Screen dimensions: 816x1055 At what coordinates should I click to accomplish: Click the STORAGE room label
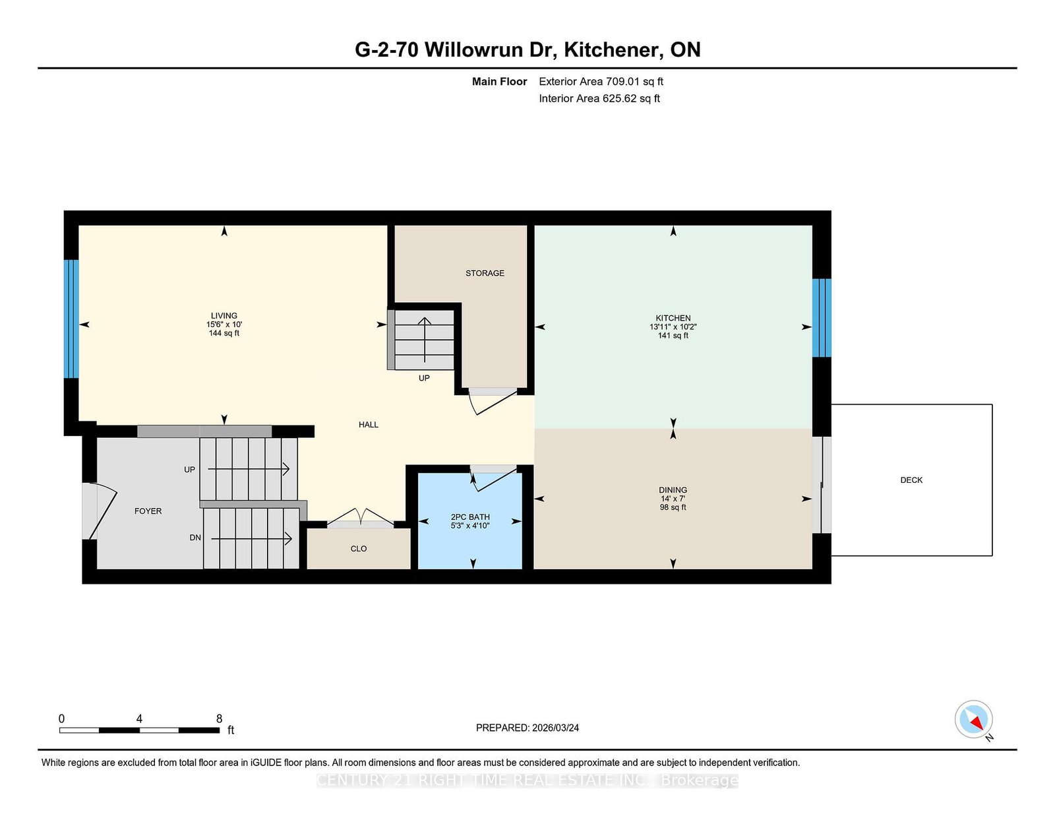tap(485, 273)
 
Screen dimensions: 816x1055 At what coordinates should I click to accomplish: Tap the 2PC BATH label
tap(470, 517)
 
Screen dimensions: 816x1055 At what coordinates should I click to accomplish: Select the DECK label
tap(911, 480)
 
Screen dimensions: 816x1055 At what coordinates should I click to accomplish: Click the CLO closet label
tap(359, 549)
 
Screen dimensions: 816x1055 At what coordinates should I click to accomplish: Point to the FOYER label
tap(148, 511)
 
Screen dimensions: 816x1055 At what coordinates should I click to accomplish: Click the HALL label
tap(369, 425)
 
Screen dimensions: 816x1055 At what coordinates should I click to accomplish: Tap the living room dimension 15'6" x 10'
tap(224, 325)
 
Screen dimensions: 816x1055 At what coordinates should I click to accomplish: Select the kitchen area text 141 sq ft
tap(673, 336)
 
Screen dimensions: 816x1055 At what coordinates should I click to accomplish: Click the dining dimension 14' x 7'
tap(673, 499)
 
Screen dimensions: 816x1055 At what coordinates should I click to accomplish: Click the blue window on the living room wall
tap(71, 319)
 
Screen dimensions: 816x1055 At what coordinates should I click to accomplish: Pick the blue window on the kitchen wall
tap(821, 317)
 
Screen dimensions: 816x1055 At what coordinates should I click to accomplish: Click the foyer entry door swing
tap(102, 509)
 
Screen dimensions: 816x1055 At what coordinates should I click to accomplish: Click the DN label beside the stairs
tap(195, 538)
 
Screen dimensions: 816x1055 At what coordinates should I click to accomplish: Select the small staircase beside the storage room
tap(423, 340)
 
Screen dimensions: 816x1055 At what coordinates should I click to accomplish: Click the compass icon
tap(973, 719)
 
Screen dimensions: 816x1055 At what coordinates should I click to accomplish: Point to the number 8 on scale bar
tap(219, 718)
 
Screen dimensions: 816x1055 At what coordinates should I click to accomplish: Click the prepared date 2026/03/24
tap(555, 728)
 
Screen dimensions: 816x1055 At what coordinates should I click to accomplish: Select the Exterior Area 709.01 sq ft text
tap(601, 82)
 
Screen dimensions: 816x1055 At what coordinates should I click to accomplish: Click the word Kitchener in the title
tap(613, 49)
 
